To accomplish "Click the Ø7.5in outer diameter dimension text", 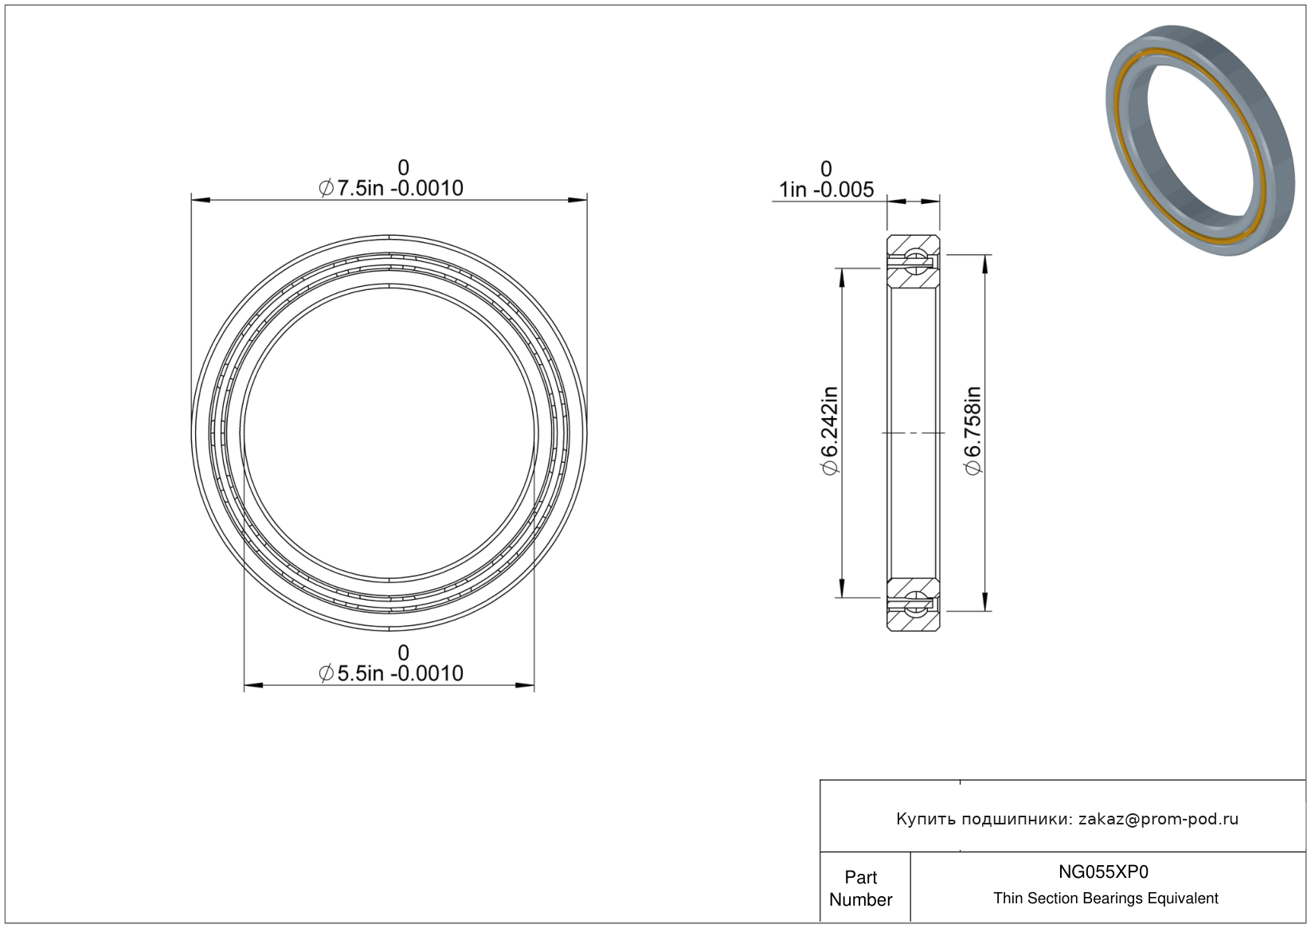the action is tap(391, 188).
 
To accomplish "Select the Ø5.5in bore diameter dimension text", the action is tap(391, 673).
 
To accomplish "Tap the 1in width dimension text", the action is tap(826, 190).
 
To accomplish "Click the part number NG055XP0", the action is tap(1103, 871).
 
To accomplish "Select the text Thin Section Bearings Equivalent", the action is tap(1106, 899).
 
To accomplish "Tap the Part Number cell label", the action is tap(860, 888).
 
